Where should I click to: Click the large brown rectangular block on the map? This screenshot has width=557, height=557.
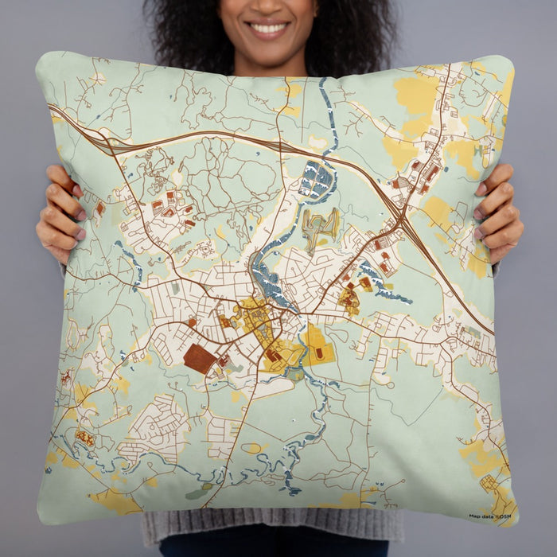[199, 358]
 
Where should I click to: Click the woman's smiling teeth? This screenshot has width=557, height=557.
[269, 29]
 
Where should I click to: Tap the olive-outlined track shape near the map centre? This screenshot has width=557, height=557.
[321, 225]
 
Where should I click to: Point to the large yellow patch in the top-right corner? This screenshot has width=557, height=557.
[417, 95]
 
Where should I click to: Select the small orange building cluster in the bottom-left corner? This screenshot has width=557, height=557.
[84, 438]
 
